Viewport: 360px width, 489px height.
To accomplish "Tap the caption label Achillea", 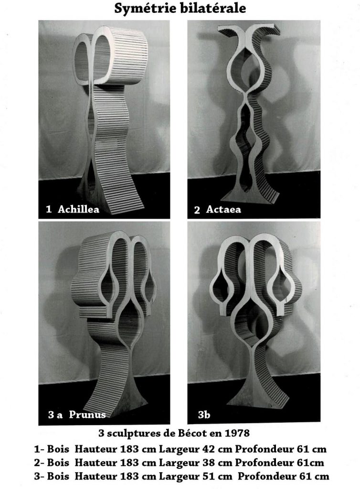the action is coord(79,209).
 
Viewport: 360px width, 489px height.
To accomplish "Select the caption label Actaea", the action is coord(223,209).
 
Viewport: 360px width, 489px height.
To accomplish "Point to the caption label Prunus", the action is coord(87,415).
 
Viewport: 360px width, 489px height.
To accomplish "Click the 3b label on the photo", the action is coord(204,415).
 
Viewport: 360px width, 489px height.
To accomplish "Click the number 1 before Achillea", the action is coord(49,209).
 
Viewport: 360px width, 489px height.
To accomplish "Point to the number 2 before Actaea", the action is coord(197,210).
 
